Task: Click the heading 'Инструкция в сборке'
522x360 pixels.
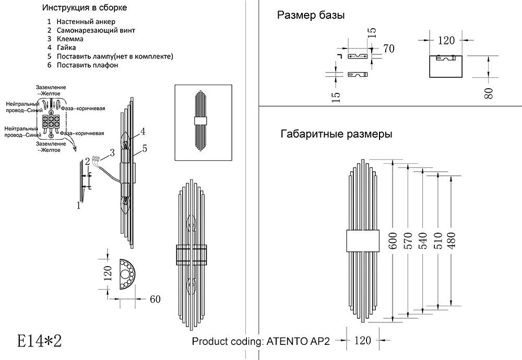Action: [85, 8]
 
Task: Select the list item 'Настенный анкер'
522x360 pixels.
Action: [86, 21]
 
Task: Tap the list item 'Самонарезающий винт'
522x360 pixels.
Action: [96, 30]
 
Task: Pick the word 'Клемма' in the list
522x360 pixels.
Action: [70, 39]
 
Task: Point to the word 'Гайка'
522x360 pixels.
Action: [66, 47]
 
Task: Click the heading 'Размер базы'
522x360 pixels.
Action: [311, 15]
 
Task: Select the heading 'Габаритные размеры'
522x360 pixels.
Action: [337, 134]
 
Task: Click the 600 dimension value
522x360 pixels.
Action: [393, 241]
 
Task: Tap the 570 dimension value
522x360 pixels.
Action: [408, 241]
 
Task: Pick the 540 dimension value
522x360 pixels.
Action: [422, 241]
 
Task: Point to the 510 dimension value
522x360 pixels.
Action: [437, 241]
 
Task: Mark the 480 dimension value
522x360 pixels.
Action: [451, 241]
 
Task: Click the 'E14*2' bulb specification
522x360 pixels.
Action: [40, 341]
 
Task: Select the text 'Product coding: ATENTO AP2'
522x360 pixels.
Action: [261, 342]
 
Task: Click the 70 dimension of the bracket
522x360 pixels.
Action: [389, 49]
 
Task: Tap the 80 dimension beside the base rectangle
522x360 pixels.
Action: [489, 93]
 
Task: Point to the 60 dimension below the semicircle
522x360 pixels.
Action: [155, 299]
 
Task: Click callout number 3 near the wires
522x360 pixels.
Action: [112, 153]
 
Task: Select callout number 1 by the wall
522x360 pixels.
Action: [79, 206]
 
